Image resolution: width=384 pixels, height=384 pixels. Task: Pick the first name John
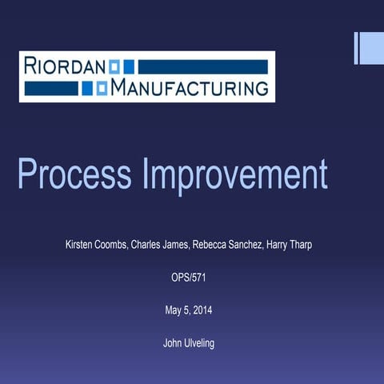click(171, 344)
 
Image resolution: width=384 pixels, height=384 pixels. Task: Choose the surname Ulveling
click(202, 344)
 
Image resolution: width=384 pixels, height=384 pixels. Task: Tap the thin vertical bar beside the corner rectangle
click(357, 47)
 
